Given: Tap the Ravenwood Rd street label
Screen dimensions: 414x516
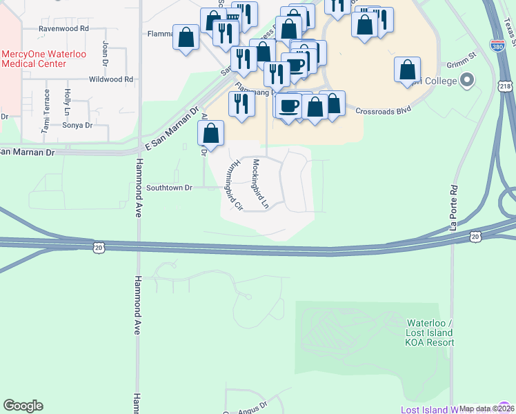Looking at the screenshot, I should click(64, 29).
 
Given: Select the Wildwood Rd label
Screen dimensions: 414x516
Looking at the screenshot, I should click(111, 80).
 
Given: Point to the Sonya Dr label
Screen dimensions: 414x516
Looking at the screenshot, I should click(77, 125).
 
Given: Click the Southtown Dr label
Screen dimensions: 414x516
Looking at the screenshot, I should click(169, 188).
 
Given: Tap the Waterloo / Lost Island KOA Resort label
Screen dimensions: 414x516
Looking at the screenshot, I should click(430, 333).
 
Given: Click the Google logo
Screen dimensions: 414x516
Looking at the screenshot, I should click(23, 406).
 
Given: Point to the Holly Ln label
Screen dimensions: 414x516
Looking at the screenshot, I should click(67, 101).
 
